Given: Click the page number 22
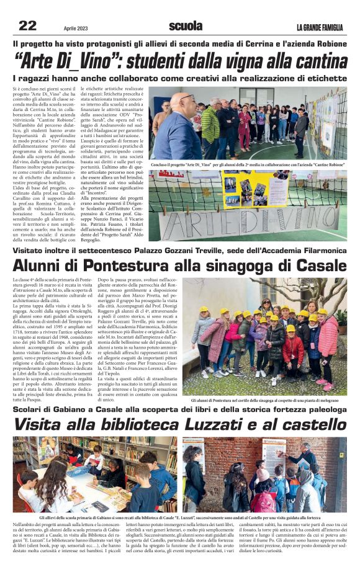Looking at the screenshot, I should click(28, 25).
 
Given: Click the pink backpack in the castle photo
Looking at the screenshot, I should click(264, 501).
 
